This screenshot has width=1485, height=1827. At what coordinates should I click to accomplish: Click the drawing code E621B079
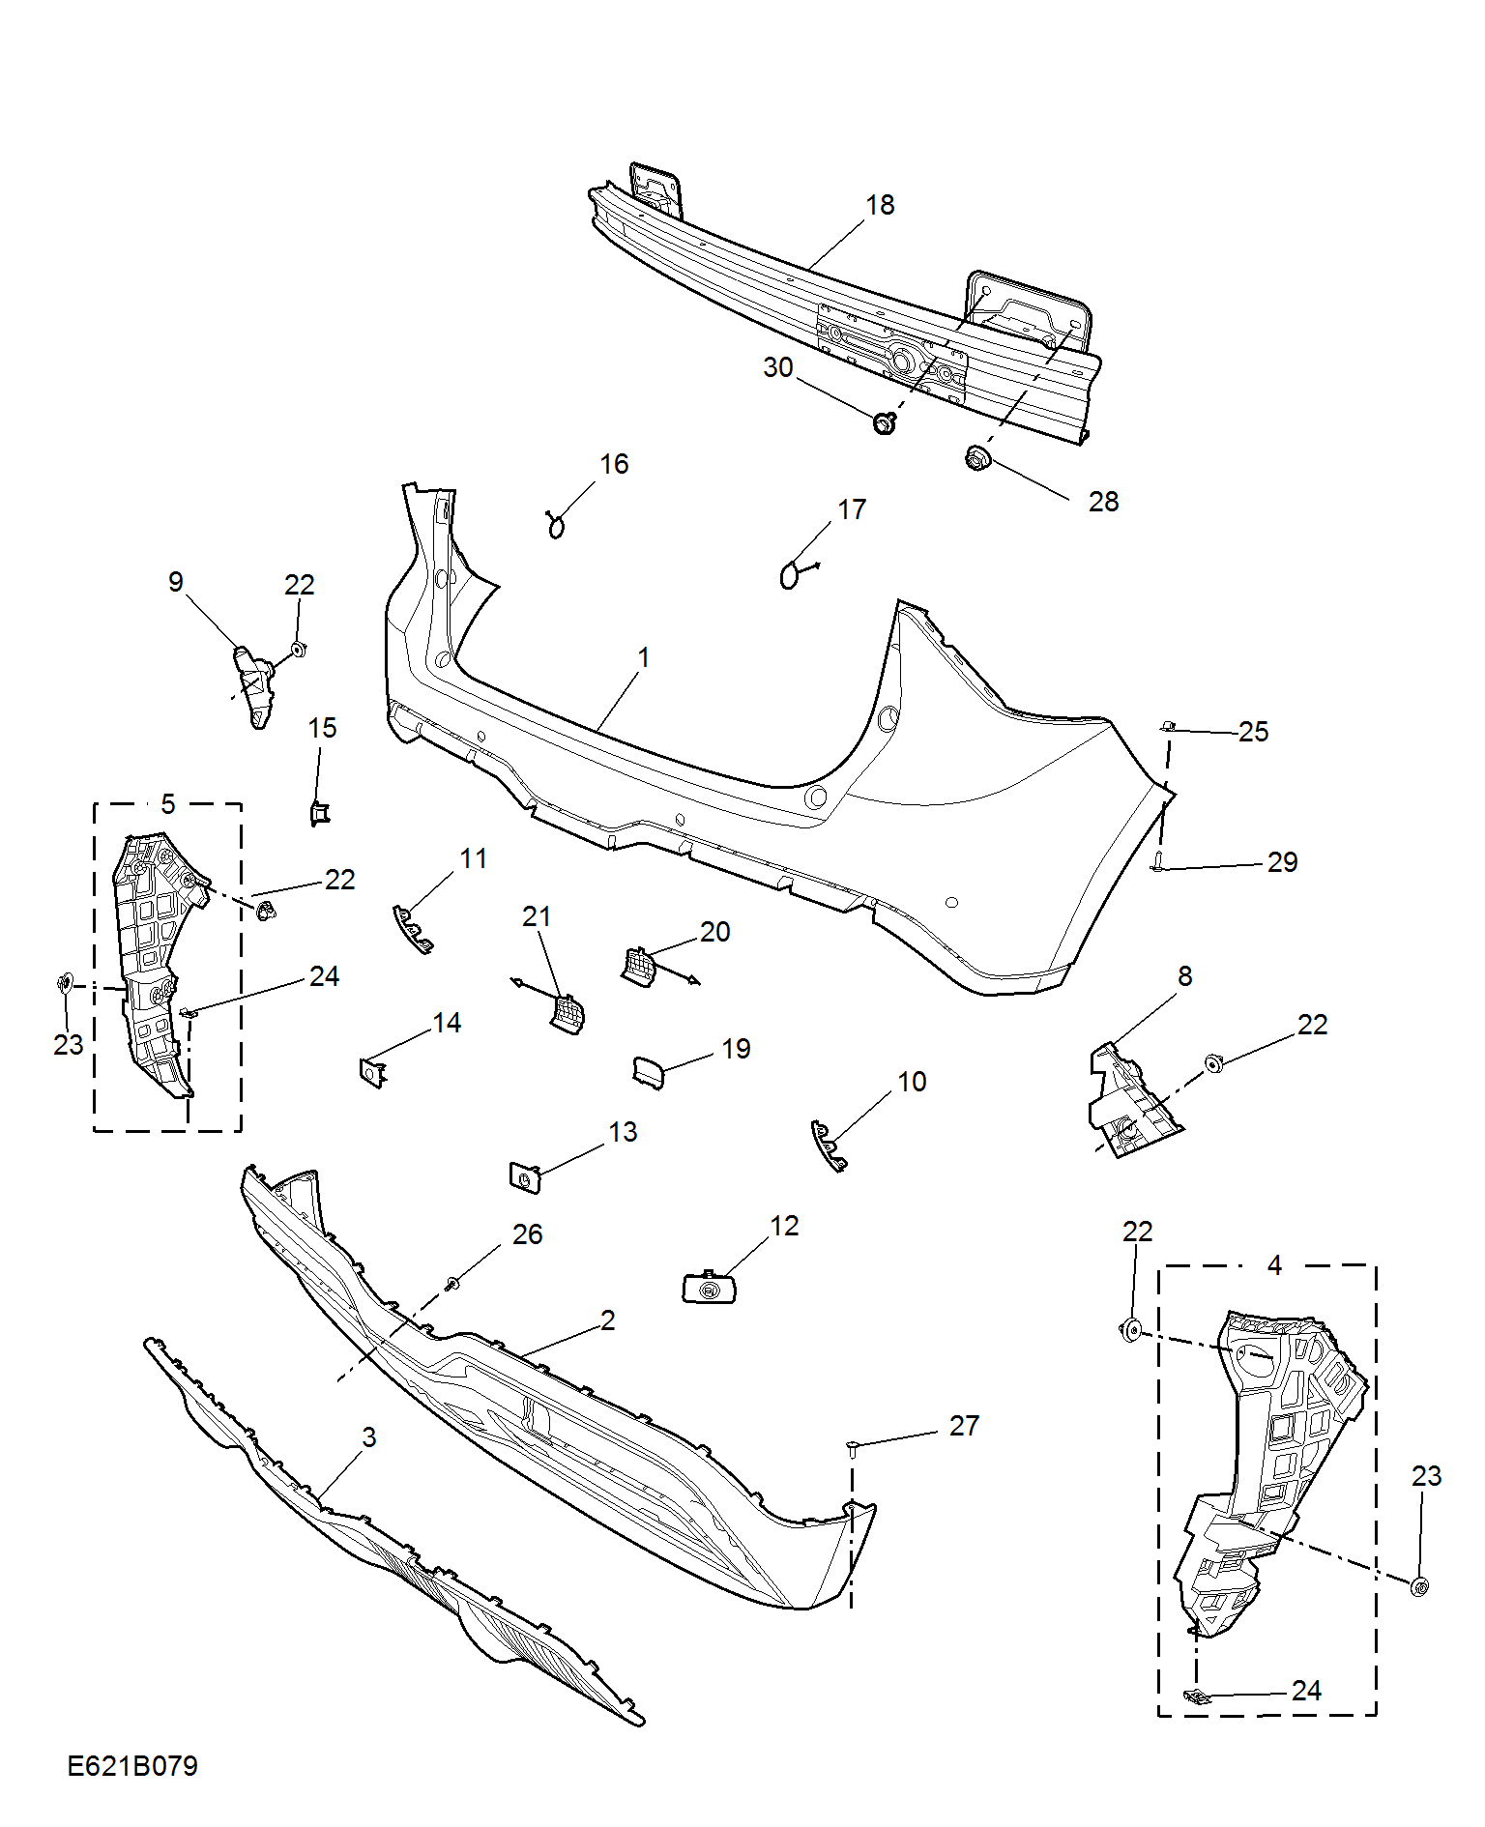point(132,1766)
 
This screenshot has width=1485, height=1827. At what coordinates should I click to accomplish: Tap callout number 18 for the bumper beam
point(880,205)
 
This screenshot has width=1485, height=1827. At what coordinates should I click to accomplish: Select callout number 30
point(778,367)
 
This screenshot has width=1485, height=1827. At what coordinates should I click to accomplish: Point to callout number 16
point(614,464)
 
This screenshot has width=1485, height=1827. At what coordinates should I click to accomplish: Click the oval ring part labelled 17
point(790,575)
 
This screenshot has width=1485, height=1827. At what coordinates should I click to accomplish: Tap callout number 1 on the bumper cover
point(643,657)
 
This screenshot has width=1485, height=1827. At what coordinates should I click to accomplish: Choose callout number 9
point(175,582)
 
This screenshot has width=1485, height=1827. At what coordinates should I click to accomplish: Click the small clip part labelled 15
point(319,814)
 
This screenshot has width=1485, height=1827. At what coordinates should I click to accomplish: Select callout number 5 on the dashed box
point(168,804)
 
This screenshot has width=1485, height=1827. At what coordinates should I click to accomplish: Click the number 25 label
point(1253,732)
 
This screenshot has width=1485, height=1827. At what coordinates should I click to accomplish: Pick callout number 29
point(1282,862)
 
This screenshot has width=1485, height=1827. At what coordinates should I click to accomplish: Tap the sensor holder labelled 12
point(710,1288)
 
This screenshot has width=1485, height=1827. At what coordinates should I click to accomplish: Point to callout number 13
point(623,1132)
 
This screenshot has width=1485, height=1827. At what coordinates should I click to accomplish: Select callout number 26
point(527,1234)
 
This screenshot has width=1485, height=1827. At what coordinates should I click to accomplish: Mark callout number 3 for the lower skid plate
point(368,1437)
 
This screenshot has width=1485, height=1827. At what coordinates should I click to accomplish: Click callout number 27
point(964,1426)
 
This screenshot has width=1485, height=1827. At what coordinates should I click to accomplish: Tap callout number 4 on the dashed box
point(1274,1265)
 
